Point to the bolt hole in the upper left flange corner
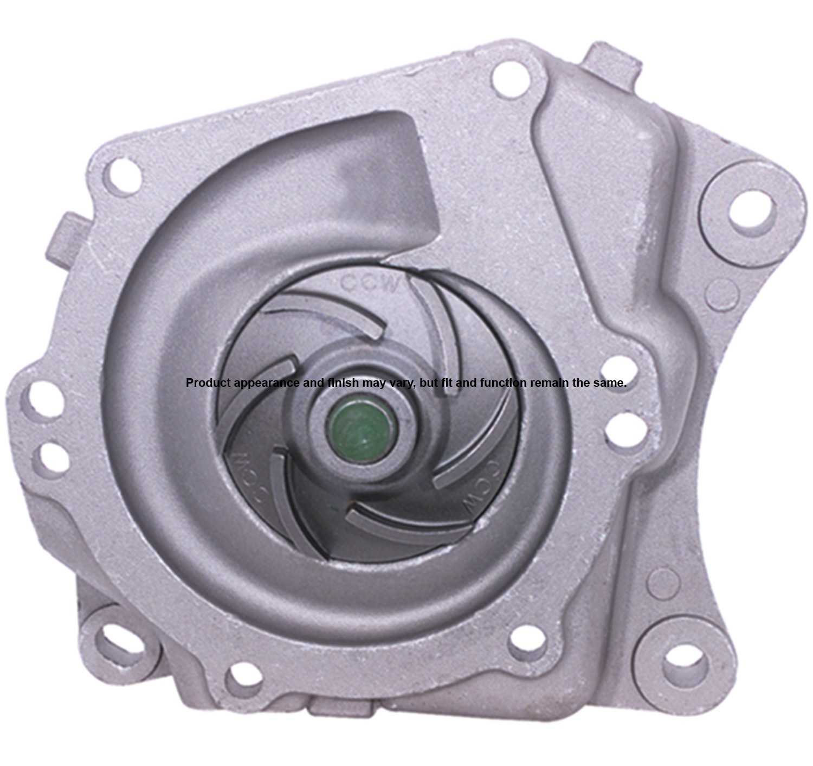123,178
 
